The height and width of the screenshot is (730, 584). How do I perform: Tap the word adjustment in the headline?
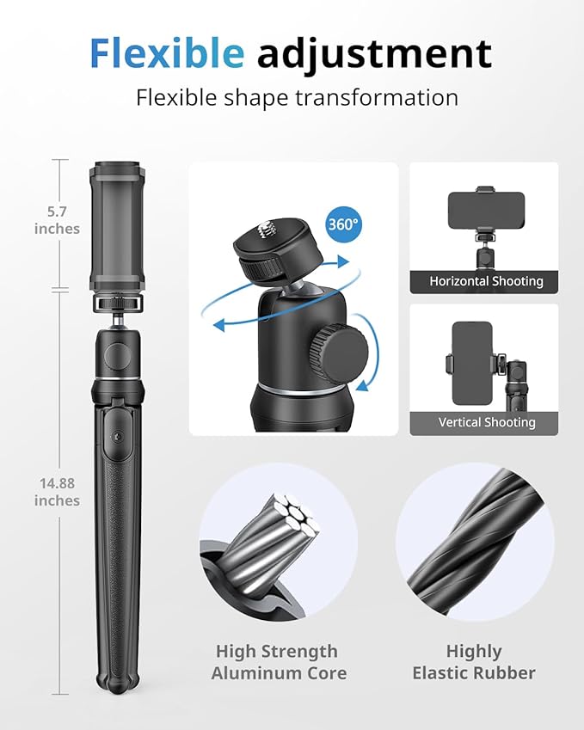coord(374,55)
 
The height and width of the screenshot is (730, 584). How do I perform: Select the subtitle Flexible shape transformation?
coord(297,97)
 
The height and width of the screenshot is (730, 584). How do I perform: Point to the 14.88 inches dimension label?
coord(57,492)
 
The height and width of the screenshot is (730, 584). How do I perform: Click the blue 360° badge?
coord(343,224)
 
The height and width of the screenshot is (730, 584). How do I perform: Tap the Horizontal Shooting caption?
coord(486,281)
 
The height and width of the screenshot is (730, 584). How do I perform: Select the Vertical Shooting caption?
coord(486,422)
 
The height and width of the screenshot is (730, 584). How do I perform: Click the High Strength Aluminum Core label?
coord(276,662)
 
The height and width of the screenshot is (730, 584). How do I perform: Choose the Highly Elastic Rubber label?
coord(474,662)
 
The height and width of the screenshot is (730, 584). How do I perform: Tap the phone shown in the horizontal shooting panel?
coord(487,211)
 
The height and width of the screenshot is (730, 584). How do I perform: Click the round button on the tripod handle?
coord(114,432)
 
